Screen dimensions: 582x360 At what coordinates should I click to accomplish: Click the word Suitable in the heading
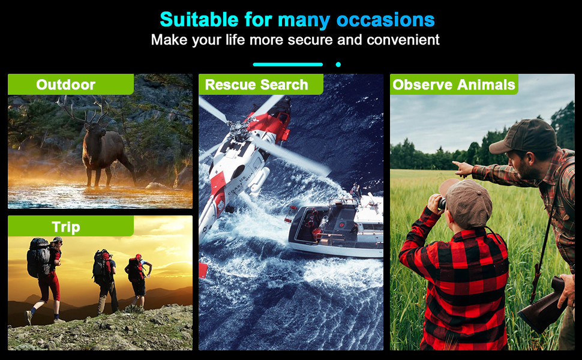coord(199,19)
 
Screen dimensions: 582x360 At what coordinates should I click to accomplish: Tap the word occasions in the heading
coord(385,20)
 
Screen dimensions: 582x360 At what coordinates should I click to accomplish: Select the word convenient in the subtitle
coord(403,40)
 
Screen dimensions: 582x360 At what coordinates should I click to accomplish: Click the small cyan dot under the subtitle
coord(338,64)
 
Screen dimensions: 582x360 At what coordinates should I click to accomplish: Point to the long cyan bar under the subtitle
coord(287,64)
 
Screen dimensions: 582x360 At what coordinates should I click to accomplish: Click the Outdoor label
coord(65,85)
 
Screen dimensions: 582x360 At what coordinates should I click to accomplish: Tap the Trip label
coord(65,227)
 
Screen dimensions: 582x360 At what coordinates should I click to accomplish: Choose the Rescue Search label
coord(256,85)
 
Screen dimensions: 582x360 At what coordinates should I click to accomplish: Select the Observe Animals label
coord(454,85)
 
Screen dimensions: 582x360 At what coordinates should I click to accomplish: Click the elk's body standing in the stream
coord(104,152)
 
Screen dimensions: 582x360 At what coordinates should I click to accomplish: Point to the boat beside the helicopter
coord(336,226)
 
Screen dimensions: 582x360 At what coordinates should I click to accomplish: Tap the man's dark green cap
coord(523,137)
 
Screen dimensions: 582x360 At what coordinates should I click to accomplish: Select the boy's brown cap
coord(466,202)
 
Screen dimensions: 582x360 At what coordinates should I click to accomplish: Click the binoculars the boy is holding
coord(442,204)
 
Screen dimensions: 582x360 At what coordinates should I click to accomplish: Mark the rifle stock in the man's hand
coord(542,306)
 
